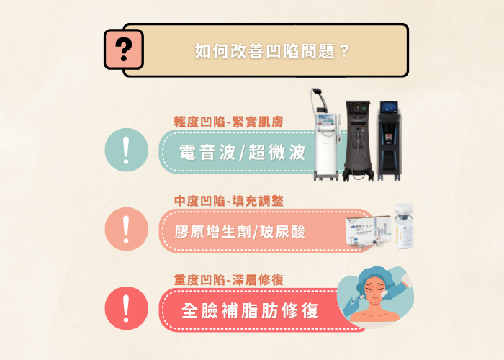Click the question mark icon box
click(x=124, y=48)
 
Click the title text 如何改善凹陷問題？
click(x=273, y=51)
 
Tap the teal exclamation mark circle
click(x=127, y=152)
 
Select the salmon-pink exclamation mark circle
click(x=127, y=230)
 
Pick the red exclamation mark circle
click(x=127, y=308)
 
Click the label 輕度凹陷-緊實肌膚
click(x=228, y=122)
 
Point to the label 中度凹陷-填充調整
click(x=228, y=200)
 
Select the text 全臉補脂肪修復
click(x=250, y=312)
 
